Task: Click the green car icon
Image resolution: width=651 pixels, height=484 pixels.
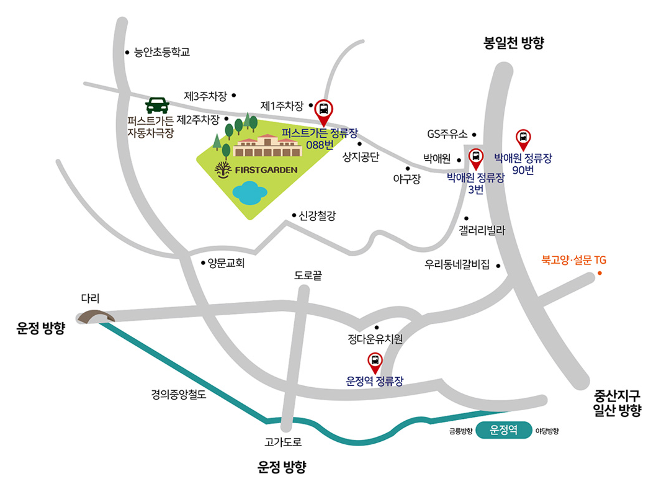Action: (158, 105)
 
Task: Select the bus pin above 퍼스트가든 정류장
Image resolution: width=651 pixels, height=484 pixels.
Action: (323, 111)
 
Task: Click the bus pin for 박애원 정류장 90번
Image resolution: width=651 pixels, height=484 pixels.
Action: (523, 138)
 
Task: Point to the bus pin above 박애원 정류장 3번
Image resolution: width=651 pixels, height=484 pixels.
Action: (476, 158)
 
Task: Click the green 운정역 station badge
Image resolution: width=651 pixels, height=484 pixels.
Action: (504, 430)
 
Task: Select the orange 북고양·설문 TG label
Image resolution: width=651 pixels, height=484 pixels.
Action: (573, 259)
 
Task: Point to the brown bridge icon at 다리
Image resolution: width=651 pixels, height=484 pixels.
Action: (96, 316)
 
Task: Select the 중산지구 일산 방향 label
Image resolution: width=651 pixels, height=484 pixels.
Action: (617, 402)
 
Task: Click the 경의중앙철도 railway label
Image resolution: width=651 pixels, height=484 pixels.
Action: (177, 393)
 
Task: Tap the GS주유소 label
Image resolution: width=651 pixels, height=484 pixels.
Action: (447, 134)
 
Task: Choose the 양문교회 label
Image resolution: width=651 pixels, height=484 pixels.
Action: (227, 263)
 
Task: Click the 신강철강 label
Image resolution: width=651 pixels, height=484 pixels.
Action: (317, 216)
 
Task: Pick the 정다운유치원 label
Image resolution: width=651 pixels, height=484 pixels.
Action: (375, 339)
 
